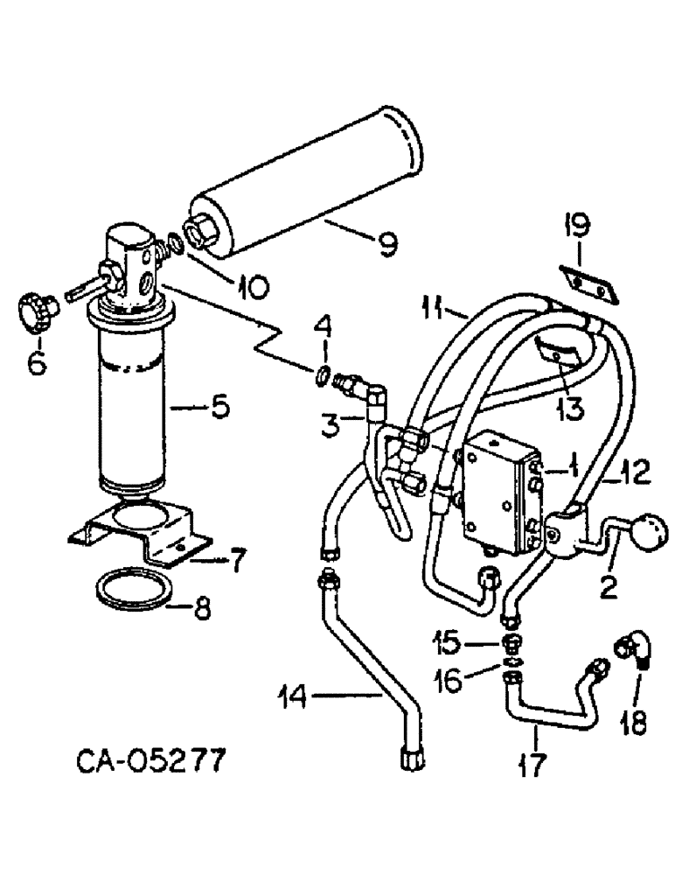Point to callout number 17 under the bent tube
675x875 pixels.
tap(532, 765)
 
